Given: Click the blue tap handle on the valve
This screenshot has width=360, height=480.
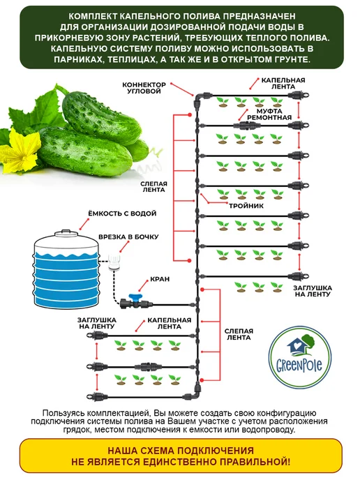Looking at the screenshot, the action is [135, 297].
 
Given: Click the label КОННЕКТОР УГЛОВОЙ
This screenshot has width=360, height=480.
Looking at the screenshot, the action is [144, 87].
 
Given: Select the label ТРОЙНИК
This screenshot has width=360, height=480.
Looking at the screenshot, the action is [246, 206].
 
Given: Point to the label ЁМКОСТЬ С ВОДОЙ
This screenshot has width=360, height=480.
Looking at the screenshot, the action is [122, 213].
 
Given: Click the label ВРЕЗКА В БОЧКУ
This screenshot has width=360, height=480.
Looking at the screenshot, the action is [128, 237].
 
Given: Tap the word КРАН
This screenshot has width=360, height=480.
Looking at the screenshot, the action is [160, 279].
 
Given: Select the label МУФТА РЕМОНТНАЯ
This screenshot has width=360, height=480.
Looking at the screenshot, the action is [269, 114].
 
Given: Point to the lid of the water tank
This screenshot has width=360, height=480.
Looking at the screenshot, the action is [66, 233].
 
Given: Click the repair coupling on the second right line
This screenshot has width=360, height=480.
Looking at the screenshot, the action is [247, 125].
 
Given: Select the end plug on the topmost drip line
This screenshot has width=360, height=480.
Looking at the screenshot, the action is [298, 95].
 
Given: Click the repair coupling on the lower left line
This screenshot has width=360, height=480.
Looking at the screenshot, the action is [150, 366].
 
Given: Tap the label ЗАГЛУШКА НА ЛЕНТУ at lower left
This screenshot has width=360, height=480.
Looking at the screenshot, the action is [97, 323].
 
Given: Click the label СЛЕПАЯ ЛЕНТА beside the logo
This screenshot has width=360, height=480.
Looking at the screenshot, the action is [239, 335].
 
